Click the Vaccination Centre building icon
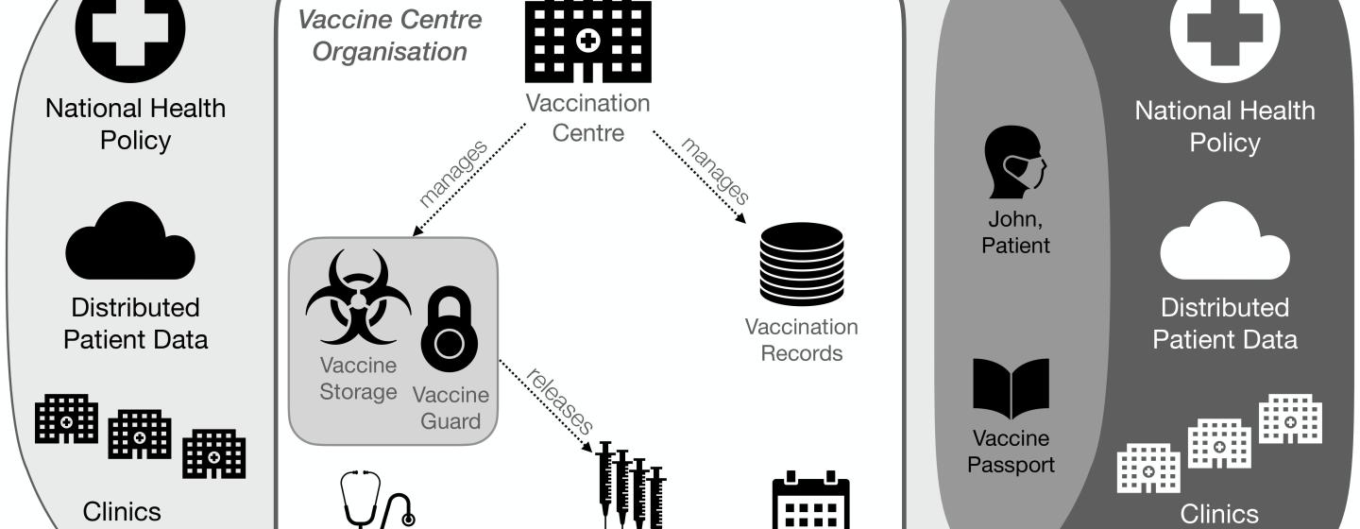587,41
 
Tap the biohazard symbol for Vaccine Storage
358,298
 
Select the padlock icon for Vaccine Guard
450,329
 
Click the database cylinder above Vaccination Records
802,264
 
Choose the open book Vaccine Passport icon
1011,388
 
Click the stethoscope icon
377,499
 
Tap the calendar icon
810,500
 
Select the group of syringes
631,486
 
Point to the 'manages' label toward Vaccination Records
716,171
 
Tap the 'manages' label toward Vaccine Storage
453,174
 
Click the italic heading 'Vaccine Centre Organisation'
390,35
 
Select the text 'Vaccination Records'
802,340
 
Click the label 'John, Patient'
1015,232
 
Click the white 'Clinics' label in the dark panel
1219,515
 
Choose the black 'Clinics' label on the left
122,512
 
